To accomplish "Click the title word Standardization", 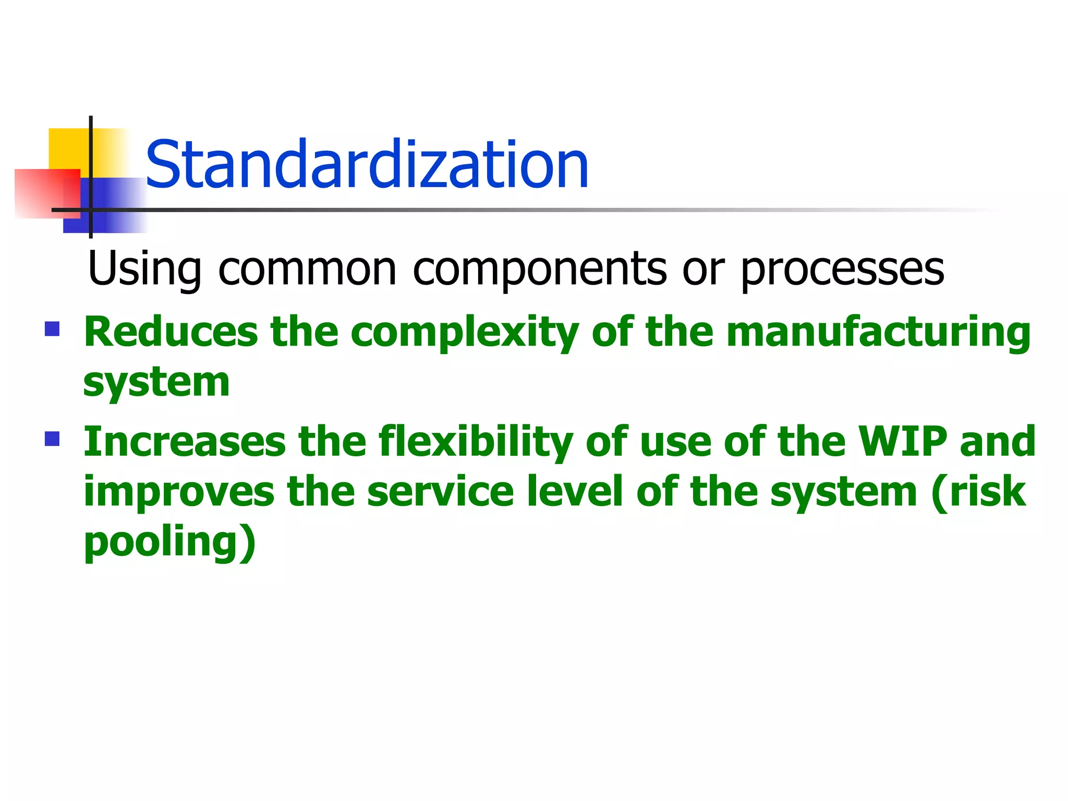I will coord(367,165).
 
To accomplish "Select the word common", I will coord(308,269).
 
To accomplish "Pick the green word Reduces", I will coord(171,332).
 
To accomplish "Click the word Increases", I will coord(185,442).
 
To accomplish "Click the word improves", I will coord(179,492).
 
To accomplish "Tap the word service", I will coord(441,492).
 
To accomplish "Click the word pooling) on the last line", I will coord(170,542).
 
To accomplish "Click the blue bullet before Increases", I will coord(52,439).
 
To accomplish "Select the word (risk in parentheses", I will coord(978,492).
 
